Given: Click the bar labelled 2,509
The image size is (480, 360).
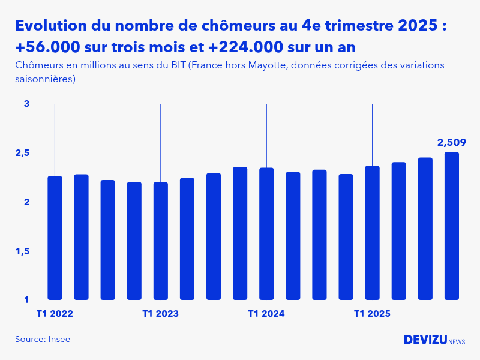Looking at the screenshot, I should [x=451, y=226].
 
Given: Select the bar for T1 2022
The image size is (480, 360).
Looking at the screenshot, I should [x=55, y=238].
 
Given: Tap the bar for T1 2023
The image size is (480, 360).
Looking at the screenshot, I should [x=161, y=241].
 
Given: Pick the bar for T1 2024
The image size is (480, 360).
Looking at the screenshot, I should [x=266, y=234].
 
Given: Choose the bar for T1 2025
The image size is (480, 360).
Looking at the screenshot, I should [x=373, y=233].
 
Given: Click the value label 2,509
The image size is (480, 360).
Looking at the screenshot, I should [x=451, y=143].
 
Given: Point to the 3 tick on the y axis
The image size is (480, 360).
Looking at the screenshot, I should [x=26, y=104].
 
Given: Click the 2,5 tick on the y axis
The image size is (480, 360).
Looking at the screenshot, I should [x=23, y=153].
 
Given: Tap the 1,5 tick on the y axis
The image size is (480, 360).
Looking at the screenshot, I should [x=23, y=251].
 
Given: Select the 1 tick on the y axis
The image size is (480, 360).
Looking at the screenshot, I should [x=26, y=300].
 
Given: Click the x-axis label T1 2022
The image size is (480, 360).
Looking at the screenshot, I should [x=55, y=314].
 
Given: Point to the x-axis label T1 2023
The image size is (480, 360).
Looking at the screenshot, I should [x=161, y=314].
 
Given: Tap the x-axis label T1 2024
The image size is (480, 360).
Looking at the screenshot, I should [x=266, y=314].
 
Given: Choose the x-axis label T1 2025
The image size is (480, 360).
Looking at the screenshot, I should [x=373, y=314].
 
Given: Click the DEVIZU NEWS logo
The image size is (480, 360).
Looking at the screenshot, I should [x=434, y=340].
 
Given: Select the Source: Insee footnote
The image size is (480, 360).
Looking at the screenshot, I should [x=43, y=340].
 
